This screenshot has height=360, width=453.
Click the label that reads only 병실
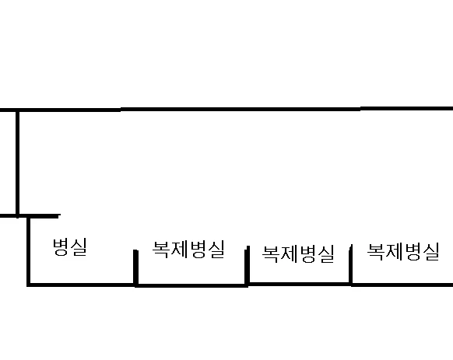[x=69, y=247]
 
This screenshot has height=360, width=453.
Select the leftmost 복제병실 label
[x=188, y=250]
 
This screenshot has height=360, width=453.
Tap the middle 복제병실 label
[x=298, y=253]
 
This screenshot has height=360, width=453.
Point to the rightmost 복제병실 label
[x=403, y=252]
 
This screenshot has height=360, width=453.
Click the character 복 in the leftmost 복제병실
[x=161, y=250]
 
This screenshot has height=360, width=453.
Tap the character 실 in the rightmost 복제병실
[x=430, y=252]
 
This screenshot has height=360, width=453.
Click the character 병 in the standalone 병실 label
[x=61, y=247]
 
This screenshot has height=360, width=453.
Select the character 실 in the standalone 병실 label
[x=79, y=247]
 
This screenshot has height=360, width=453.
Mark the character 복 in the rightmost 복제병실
[x=376, y=252]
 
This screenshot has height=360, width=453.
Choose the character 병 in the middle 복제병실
[x=308, y=253]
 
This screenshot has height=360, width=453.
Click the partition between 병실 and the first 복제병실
[x=135, y=267]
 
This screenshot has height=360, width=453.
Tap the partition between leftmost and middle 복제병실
[x=247, y=266]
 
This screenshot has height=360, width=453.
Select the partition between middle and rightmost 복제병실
[x=350, y=264]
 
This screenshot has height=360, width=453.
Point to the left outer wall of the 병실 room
[x=28, y=250]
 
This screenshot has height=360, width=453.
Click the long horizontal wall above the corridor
[x=226, y=109]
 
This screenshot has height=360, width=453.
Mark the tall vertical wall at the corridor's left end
[x=18, y=163]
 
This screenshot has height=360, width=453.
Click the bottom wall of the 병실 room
[x=81, y=285]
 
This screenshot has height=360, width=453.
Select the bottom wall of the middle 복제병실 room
[x=299, y=284]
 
